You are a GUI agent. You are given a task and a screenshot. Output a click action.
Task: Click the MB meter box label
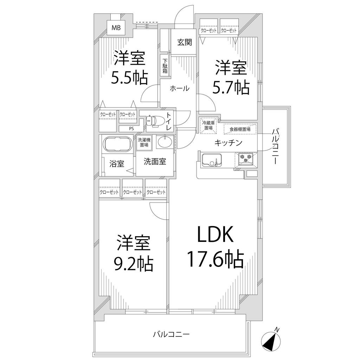point(116,28)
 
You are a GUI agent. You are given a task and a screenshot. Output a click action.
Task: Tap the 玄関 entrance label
point(184,42)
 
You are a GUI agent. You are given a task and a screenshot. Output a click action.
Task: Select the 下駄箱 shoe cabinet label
point(165,66)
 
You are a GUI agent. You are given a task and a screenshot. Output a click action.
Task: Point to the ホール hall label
point(180,88)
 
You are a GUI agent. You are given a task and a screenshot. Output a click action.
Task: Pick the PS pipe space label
point(131,129)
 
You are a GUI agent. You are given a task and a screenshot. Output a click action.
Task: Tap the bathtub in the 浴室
point(118,144)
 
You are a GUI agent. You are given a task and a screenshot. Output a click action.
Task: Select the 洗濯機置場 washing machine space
point(144,142)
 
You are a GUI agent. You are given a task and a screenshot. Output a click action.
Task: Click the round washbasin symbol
point(164,142)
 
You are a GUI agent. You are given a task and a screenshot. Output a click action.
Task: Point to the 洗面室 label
point(155,162)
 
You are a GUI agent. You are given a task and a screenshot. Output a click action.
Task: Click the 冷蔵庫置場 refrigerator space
point(208,126)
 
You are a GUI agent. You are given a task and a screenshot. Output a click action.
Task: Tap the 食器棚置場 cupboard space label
point(240,129)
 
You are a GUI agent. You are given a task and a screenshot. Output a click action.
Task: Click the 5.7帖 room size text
point(231,88)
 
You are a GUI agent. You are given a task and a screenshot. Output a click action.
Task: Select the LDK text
point(216,234)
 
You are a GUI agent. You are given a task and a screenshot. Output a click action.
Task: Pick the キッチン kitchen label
point(228,143)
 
